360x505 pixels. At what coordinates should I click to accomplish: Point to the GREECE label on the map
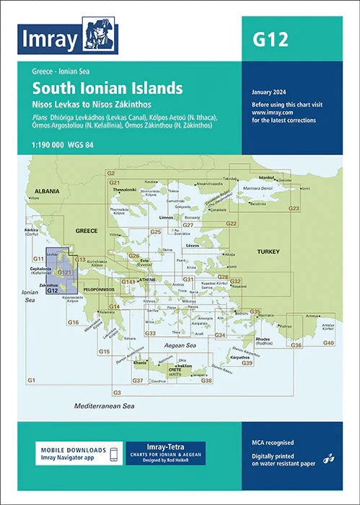click(x=87, y=232)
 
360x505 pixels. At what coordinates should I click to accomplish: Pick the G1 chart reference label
click(x=31, y=380)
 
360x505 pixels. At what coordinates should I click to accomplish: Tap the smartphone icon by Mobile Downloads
click(x=113, y=452)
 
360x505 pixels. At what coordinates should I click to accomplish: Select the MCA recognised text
click(x=273, y=442)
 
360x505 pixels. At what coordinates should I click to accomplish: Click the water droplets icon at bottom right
click(x=328, y=457)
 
